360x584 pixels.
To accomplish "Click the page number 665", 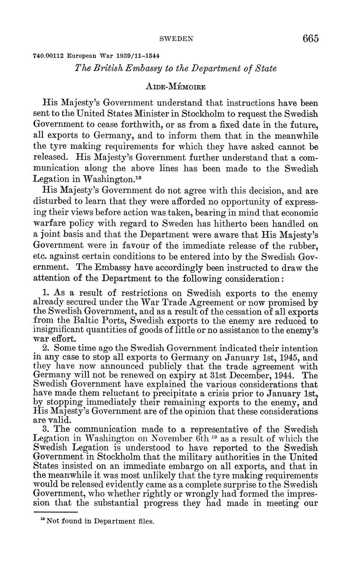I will tap(310, 39).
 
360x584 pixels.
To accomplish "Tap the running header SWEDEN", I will tap(176, 39).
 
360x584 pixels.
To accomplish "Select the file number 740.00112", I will tap(48, 56).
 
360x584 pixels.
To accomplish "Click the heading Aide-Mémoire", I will tap(176, 87).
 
